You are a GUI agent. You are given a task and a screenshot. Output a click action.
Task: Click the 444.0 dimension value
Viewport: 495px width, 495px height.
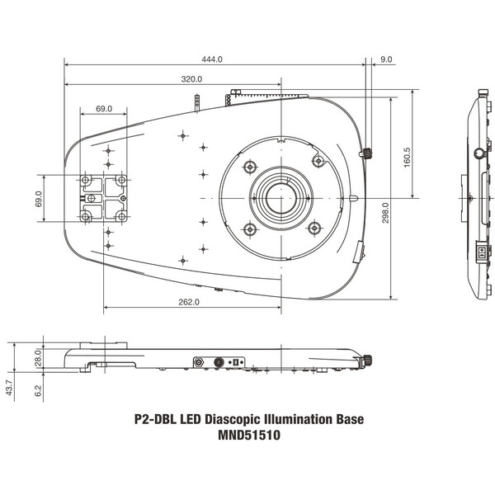click(212, 59)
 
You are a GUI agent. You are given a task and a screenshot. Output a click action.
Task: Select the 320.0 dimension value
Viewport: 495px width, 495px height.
click(191, 79)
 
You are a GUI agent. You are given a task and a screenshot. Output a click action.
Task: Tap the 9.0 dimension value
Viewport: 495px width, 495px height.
click(387, 59)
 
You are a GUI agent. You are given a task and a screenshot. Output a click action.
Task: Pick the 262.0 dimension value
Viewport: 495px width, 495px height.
click(188, 302)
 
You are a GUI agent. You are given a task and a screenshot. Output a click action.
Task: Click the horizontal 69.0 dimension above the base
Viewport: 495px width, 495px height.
click(104, 109)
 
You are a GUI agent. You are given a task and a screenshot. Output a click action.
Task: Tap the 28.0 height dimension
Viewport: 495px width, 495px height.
click(36, 356)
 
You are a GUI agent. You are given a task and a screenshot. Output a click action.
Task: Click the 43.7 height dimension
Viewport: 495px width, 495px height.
click(11, 385)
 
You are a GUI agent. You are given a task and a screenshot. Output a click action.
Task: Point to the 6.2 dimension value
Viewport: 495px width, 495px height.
click(36, 389)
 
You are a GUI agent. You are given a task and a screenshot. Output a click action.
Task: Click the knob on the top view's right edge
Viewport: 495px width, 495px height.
click(367, 153)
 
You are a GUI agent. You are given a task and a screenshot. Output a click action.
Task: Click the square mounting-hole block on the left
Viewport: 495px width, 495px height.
click(104, 198)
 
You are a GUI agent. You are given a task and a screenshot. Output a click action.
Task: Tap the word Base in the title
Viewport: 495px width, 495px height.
click(347, 420)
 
